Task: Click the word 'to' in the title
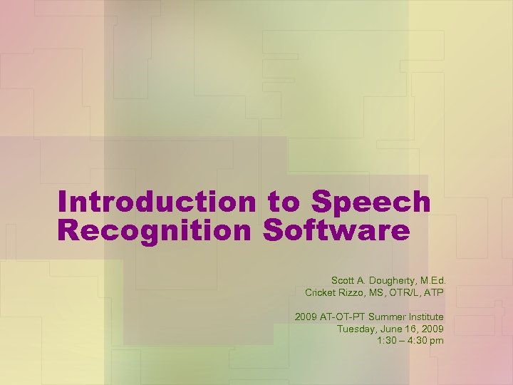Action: point(284,202)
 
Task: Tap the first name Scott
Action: point(343,280)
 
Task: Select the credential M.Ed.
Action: point(430,280)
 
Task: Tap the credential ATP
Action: point(435,292)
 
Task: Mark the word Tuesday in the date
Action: point(356,329)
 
